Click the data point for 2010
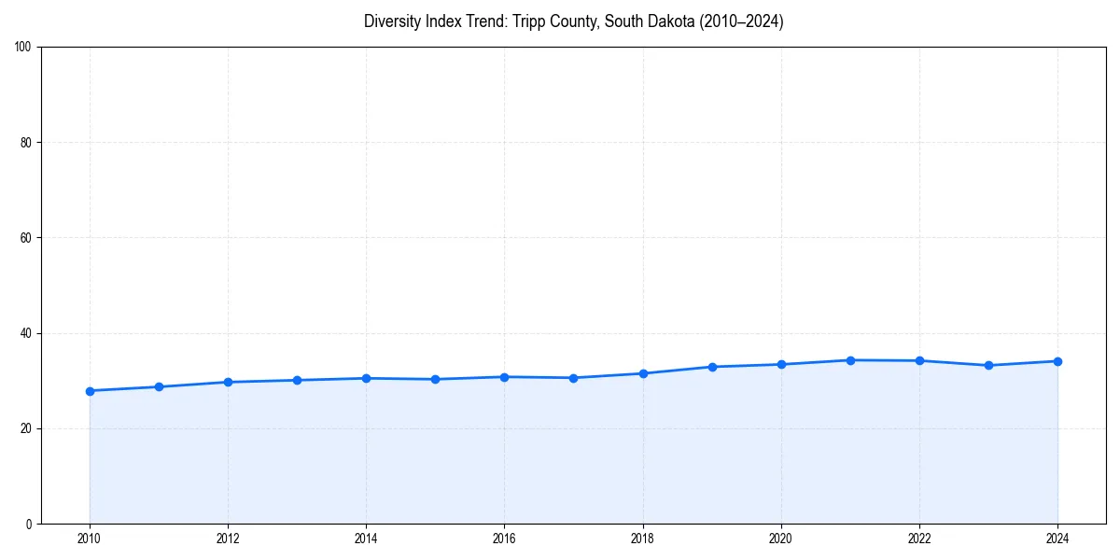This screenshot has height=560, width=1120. click(90, 391)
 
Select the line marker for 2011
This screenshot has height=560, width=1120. click(159, 386)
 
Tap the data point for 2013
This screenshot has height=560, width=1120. click(297, 380)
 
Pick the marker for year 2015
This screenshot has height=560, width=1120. click(435, 379)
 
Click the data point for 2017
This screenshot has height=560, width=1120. click(573, 378)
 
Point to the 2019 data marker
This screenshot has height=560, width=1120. click(712, 367)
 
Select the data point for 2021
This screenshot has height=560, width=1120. click(850, 360)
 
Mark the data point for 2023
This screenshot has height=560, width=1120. click(988, 365)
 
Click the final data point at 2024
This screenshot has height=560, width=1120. click(1057, 361)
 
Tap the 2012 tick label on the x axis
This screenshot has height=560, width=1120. click(228, 539)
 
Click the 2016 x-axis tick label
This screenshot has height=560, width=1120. click(504, 539)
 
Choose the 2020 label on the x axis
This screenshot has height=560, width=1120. click(781, 539)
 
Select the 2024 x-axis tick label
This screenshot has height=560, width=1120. click(1057, 539)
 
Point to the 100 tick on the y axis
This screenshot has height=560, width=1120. click(23, 48)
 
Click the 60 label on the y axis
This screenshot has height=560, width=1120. click(26, 238)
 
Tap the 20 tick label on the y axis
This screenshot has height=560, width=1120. click(26, 428)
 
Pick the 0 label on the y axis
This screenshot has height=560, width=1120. click(29, 524)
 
